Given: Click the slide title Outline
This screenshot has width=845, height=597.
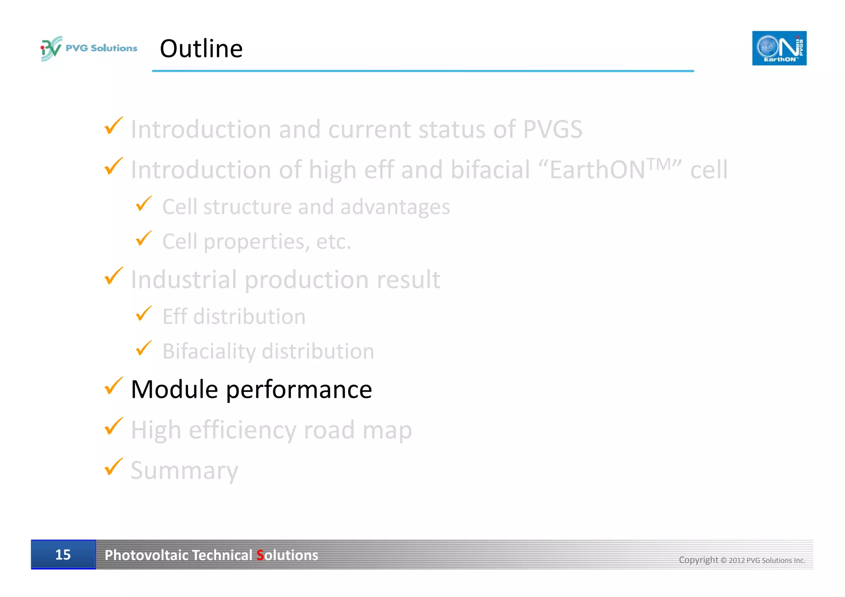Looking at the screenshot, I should point(201,49).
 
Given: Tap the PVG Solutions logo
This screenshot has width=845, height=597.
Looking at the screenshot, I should point(89,48).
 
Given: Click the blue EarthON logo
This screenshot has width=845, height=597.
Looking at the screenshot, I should point(779,48).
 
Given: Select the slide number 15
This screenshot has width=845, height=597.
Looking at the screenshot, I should point(63,555).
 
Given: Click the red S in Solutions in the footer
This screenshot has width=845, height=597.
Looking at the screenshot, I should point(260,555).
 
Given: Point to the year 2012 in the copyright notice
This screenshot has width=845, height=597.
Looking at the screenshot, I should point(736,560).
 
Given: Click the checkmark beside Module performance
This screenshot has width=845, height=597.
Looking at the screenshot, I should point(113,386).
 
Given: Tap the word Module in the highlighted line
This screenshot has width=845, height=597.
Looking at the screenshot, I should point(174,389).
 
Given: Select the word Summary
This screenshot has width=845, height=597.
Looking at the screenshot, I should point(184,470).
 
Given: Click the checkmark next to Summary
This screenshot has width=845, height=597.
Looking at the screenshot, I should point(113,467).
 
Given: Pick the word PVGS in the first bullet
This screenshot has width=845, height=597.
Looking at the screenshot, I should point(552,129).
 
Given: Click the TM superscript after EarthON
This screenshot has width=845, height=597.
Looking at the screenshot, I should point(659,164).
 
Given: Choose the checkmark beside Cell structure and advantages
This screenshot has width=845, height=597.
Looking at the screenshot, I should point(144,204).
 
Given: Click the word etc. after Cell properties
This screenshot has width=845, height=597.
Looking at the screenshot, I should point(333,241).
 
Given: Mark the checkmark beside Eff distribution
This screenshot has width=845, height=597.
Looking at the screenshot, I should point(144,314).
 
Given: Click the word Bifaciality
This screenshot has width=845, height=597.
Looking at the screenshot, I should point(209,352).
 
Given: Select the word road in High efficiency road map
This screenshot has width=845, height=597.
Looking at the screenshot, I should point(329,430).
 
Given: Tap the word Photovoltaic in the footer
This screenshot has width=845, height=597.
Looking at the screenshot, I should point(146,555).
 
